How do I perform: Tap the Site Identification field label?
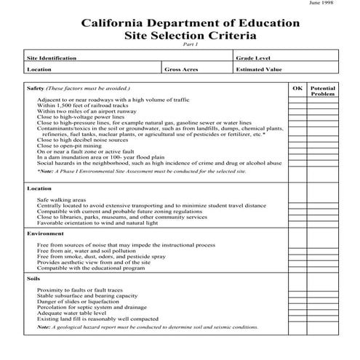coord(50,56)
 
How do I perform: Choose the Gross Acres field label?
coord(180,70)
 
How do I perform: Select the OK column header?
coord(297,87)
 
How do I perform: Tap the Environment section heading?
coord(46,233)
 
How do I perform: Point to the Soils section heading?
coord(33,279)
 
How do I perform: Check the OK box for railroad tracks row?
coord(297,105)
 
